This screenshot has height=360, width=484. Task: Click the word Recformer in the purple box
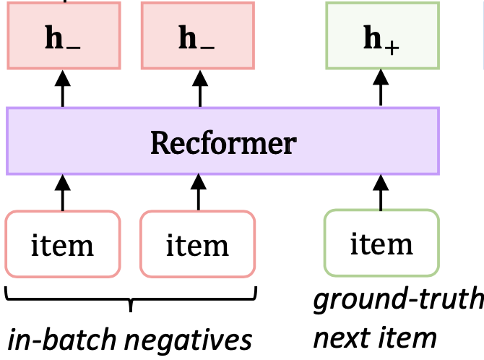pos(222,142)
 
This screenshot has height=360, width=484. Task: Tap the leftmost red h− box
pos(62,36)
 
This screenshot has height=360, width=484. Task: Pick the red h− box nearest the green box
pos(197,36)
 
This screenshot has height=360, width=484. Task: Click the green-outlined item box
pos(381,244)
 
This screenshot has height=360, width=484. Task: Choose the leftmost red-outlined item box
pos(62,244)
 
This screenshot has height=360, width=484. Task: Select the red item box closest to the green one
pos(197,244)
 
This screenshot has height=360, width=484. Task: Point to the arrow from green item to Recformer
pos(381,192)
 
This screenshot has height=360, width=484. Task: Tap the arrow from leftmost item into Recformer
pos(62,192)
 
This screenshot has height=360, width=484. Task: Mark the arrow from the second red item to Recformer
pos(197,192)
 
